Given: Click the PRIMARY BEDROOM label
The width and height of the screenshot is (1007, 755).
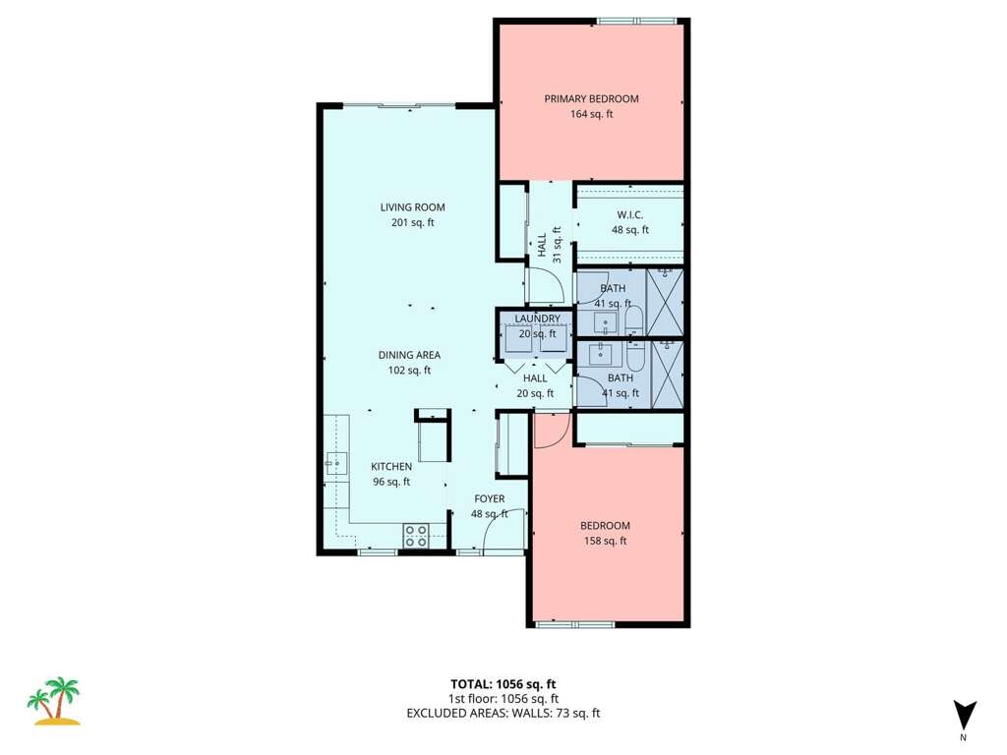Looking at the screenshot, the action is pos(591,99).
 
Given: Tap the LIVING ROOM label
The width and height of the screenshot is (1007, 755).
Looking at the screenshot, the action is pos(412,207).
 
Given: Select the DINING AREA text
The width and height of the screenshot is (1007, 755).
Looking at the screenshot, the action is pos(409,355).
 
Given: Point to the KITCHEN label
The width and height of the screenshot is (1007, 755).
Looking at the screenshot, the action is pos(391,467).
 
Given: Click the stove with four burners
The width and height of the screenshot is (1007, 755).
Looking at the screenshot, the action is pos(416,536).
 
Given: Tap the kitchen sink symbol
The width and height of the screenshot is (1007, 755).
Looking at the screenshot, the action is pos(336,463).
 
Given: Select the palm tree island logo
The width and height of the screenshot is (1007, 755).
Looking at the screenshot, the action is pos(54,700).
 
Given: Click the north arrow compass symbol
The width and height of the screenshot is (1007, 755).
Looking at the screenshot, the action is pos(964,716).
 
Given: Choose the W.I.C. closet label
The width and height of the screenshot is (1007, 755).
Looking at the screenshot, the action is pos(630,215).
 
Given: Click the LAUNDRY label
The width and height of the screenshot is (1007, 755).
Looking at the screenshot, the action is pos(538,319).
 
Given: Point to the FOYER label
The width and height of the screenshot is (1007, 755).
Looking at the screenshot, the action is pos(490,498).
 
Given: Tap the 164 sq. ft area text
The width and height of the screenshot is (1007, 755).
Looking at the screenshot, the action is pos(591,114).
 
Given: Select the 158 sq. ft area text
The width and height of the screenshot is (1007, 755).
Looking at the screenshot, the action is pos(605,542).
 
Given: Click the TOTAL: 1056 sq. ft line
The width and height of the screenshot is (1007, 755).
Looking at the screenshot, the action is pos(503,684).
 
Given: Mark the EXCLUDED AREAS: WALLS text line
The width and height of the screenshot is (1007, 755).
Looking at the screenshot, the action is pos(503,713).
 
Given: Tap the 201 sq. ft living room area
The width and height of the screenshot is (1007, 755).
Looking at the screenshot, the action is pos(412,223).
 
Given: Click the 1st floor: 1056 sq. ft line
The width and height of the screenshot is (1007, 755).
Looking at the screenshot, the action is pos(503,699).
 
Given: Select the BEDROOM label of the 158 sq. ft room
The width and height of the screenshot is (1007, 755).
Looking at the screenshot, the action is pos(605,526).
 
